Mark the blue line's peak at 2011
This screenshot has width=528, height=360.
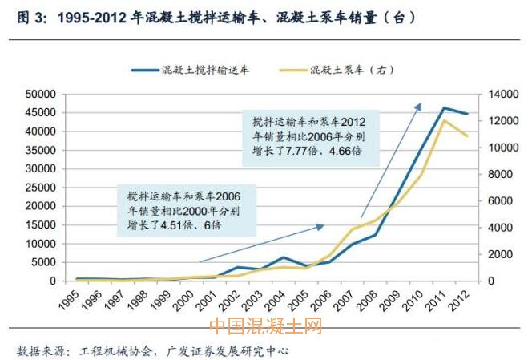tap(444, 107)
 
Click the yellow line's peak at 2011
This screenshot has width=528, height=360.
tap(444, 120)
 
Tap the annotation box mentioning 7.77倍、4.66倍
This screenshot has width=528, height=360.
tap(308, 137)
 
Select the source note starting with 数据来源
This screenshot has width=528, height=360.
tap(152, 351)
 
